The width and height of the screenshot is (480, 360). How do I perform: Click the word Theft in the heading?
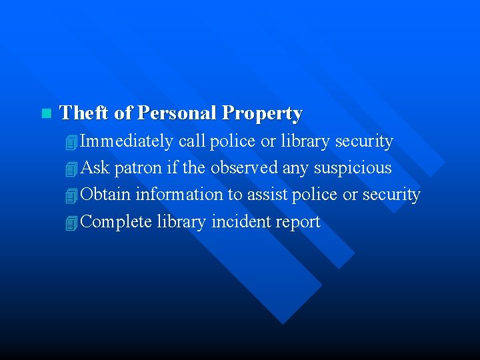pyautogui.click(x=85, y=113)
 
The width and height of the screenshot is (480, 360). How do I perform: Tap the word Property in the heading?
pyautogui.click(x=263, y=113)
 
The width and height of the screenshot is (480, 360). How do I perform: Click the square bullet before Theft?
pyautogui.click(x=45, y=113)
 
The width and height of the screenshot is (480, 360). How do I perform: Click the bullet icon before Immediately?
pyautogui.click(x=72, y=142)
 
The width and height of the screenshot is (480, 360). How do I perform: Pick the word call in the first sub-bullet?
pyautogui.click(x=191, y=141)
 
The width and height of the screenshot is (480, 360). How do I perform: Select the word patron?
pyautogui.click(x=138, y=168)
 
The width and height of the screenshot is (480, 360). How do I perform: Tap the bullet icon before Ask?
pyautogui.click(x=72, y=169)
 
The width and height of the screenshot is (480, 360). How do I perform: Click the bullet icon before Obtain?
pyautogui.click(x=72, y=195)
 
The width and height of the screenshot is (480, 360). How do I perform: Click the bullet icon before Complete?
pyautogui.click(x=72, y=223)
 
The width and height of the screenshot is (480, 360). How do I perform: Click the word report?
pyautogui.click(x=297, y=222)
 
